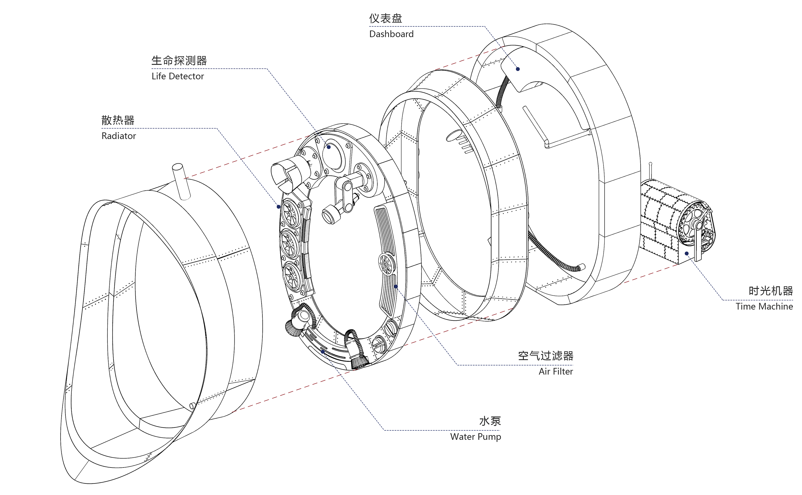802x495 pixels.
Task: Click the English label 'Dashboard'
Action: click(x=391, y=34)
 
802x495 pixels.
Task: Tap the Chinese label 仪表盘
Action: click(x=385, y=18)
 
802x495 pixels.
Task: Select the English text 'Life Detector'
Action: click(x=177, y=76)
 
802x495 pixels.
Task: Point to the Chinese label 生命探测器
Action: click(x=179, y=61)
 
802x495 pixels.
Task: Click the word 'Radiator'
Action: click(x=119, y=136)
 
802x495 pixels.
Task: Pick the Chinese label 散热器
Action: click(x=118, y=120)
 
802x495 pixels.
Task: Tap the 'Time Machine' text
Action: click(x=764, y=306)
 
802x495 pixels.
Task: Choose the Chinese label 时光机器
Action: click(x=771, y=291)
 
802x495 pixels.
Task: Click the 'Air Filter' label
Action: click(x=556, y=371)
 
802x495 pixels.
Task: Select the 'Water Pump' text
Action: click(x=475, y=436)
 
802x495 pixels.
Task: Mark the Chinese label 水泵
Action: click(x=490, y=421)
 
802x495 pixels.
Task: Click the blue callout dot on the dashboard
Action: click(x=518, y=69)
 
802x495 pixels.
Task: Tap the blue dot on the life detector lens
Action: click(x=329, y=147)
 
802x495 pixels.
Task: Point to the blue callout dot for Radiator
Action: click(x=279, y=207)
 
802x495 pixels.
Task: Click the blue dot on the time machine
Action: click(x=686, y=253)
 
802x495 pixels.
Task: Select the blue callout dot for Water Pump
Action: click(x=323, y=352)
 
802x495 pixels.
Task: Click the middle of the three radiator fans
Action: click(x=289, y=244)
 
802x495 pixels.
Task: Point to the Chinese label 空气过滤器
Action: click(x=545, y=356)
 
